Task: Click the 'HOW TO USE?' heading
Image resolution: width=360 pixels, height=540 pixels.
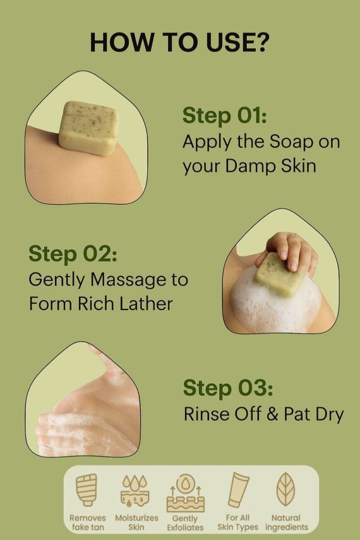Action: click(x=179, y=42)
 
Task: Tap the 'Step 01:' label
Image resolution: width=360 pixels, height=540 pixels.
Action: click(x=225, y=115)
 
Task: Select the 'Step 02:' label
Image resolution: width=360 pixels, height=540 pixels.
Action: click(x=73, y=254)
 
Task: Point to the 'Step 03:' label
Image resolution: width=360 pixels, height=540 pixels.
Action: click(x=228, y=388)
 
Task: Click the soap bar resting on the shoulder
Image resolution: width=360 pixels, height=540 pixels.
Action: click(x=88, y=128)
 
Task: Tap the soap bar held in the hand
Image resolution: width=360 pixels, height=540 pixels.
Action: click(x=280, y=275)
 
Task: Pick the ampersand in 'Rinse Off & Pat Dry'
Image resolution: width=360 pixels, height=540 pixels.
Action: click(x=272, y=414)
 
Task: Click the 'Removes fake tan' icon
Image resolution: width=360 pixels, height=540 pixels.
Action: click(x=87, y=489)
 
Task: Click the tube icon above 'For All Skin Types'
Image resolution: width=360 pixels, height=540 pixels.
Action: click(x=238, y=490)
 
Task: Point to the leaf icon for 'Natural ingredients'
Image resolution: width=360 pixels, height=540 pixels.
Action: click(x=286, y=489)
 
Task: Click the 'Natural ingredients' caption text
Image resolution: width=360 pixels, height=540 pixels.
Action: click(x=286, y=522)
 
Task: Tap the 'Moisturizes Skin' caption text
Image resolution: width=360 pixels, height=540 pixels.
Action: click(x=136, y=522)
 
